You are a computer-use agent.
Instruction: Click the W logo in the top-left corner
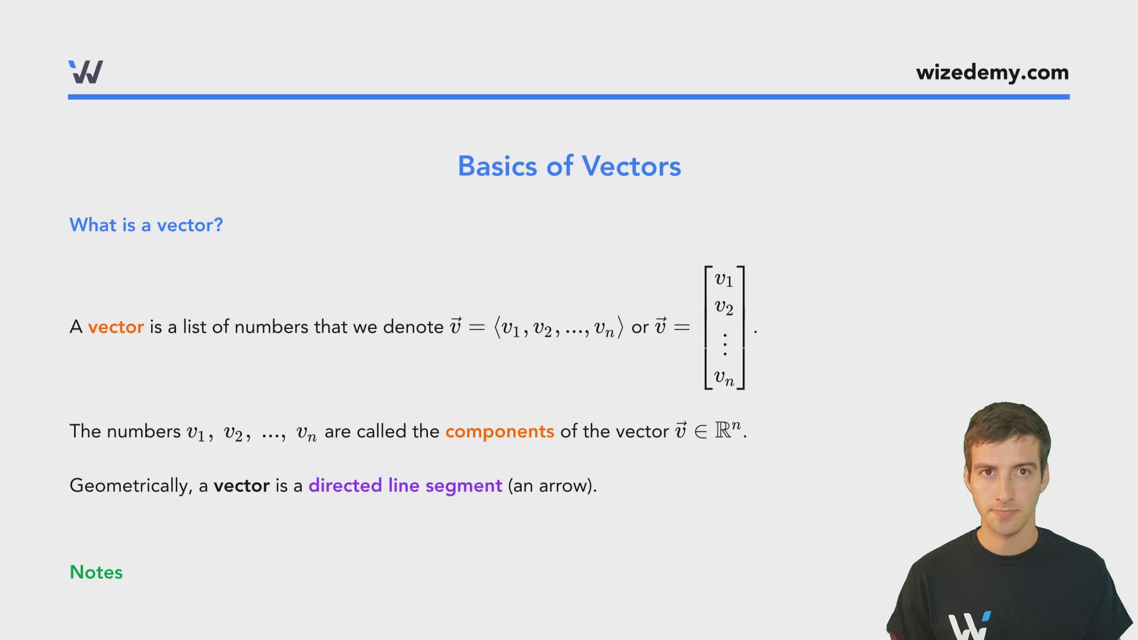click(x=86, y=72)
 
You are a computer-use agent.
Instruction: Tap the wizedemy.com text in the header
click(x=992, y=72)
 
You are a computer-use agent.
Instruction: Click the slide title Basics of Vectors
click(x=569, y=166)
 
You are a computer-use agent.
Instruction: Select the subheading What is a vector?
click(x=146, y=225)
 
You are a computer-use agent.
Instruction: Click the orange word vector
click(x=116, y=327)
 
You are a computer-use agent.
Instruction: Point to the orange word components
click(x=499, y=431)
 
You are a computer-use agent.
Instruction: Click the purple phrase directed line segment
click(x=405, y=486)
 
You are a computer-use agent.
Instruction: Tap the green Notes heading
click(x=96, y=572)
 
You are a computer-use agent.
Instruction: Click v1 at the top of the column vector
click(x=724, y=279)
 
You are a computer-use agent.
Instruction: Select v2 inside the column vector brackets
click(x=724, y=307)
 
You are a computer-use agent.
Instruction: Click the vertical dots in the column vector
click(x=724, y=344)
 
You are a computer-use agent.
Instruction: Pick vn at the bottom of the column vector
click(x=724, y=377)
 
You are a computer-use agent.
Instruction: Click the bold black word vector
click(x=241, y=486)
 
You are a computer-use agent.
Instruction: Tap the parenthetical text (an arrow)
click(x=552, y=486)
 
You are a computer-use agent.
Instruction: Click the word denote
click(x=413, y=327)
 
